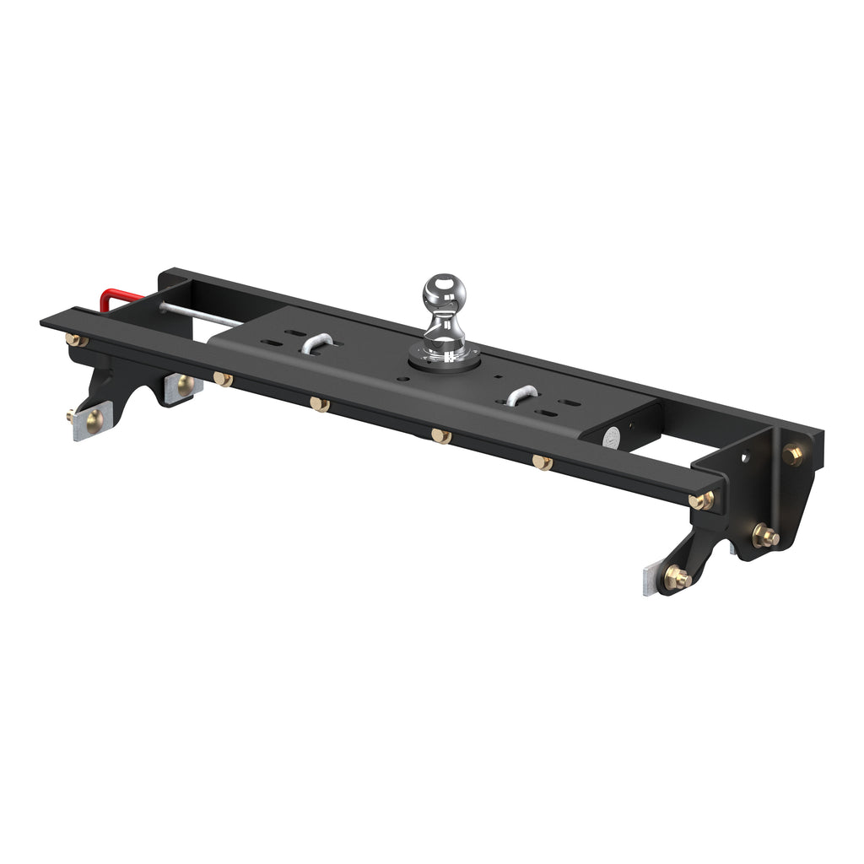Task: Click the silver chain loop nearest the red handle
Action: [x=316, y=343]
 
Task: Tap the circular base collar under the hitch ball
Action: [x=445, y=359]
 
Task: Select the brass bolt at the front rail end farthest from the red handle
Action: [x=700, y=500]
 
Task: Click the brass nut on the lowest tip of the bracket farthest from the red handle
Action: [x=676, y=578]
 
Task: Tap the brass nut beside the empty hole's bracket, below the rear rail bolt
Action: [x=764, y=536]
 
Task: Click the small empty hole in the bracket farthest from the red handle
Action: [x=744, y=458]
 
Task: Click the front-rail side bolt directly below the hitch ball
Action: [x=440, y=435]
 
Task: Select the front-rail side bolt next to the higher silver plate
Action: [x=222, y=380]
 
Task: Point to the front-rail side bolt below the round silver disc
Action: [x=542, y=462]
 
